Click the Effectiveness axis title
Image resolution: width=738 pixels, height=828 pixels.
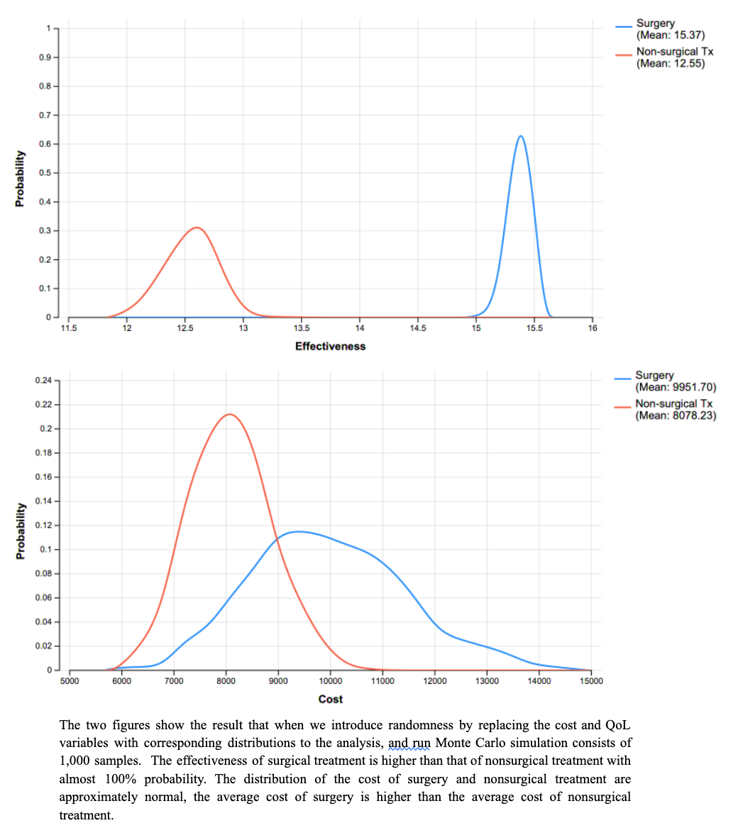(330, 347)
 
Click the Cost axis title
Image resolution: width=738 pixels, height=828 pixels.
(330, 699)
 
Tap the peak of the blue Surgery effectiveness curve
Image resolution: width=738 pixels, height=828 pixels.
(521, 136)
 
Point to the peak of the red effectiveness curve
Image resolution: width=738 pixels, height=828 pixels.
(197, 228)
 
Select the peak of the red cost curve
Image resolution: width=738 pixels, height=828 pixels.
(229, 414)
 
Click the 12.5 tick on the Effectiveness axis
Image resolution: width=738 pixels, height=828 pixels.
(184, 327)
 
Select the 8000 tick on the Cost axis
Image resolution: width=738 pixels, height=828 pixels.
(226, 681)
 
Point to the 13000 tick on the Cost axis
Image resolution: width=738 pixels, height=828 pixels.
(487, 681)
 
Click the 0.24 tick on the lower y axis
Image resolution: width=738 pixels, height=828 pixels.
(43, 381)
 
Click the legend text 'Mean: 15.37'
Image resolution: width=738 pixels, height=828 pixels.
(671, 35)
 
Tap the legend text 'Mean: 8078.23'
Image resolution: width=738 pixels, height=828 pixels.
(676, 415)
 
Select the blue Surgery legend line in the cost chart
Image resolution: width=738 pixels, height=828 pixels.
(623, 378)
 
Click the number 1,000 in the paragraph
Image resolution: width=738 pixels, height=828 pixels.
(77, 761)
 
